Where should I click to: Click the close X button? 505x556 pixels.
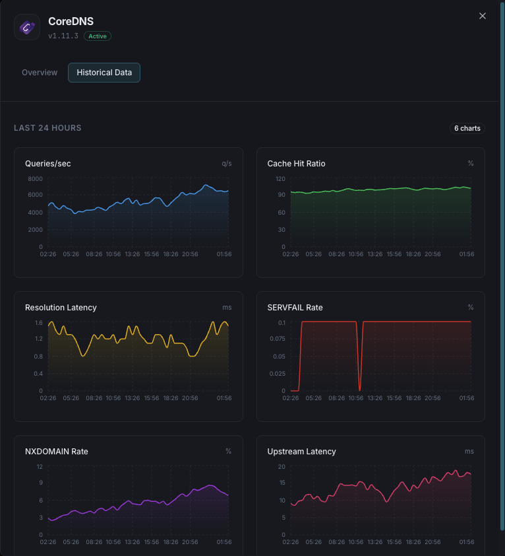483,16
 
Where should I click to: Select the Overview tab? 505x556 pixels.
40,73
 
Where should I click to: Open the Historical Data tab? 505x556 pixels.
104,73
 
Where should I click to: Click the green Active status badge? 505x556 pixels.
98,36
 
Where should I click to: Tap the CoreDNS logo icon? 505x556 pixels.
27,27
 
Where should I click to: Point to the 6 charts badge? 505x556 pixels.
467,128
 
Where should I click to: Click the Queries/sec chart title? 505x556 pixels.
48,164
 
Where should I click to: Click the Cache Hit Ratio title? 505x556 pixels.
296,164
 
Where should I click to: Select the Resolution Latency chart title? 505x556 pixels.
61,308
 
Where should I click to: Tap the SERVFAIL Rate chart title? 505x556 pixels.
295,308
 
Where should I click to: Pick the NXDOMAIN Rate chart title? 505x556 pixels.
56,452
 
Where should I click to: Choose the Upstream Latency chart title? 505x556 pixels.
301,452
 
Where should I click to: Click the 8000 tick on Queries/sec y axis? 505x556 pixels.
35,179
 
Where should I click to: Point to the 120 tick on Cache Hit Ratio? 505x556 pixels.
280,179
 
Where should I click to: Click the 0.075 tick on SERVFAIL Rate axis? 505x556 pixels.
277,339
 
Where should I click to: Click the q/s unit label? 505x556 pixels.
226,164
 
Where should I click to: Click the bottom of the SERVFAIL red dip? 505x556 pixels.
359,390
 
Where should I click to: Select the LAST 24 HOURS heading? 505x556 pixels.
47,128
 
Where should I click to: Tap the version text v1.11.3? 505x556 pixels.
63,36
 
